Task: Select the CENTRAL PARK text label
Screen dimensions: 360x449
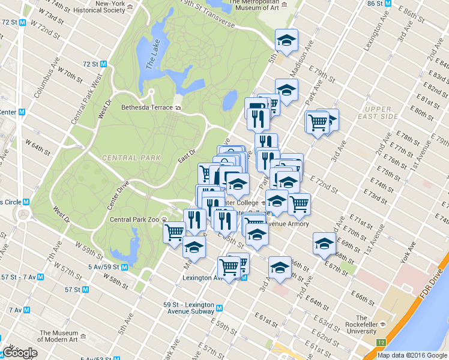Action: click(131, 158)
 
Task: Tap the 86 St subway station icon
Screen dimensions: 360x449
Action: click(389, 4)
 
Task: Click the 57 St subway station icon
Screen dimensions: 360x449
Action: click(86, 289)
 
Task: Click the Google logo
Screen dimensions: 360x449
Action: click(20, 353)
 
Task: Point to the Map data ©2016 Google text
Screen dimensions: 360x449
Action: click(412, 355)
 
